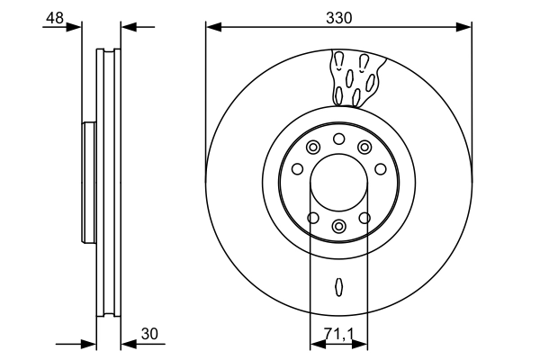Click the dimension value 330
pyautogui.click(x=338, y=17)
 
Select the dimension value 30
pyautogui.click(x=149, y=334)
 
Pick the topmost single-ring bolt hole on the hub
pyautogui.click(x=338, y=138)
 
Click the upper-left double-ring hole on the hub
pyautogui.click(x=312, y=148)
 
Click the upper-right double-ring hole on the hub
pyautogui.click(x=364, y=148)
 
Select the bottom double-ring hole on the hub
pyautogui.click(x=338, y=226)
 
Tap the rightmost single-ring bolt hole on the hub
pyautogui.click(x=381, y=168)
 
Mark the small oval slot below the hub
pyautogui.click(x=338, y=286)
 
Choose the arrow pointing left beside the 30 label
pyautogui.click(x=127, y=343)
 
